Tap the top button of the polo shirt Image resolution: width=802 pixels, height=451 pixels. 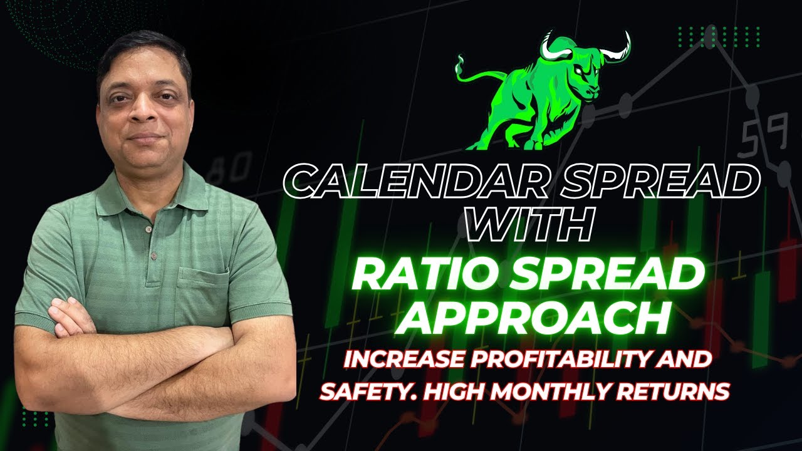(148, 230)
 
